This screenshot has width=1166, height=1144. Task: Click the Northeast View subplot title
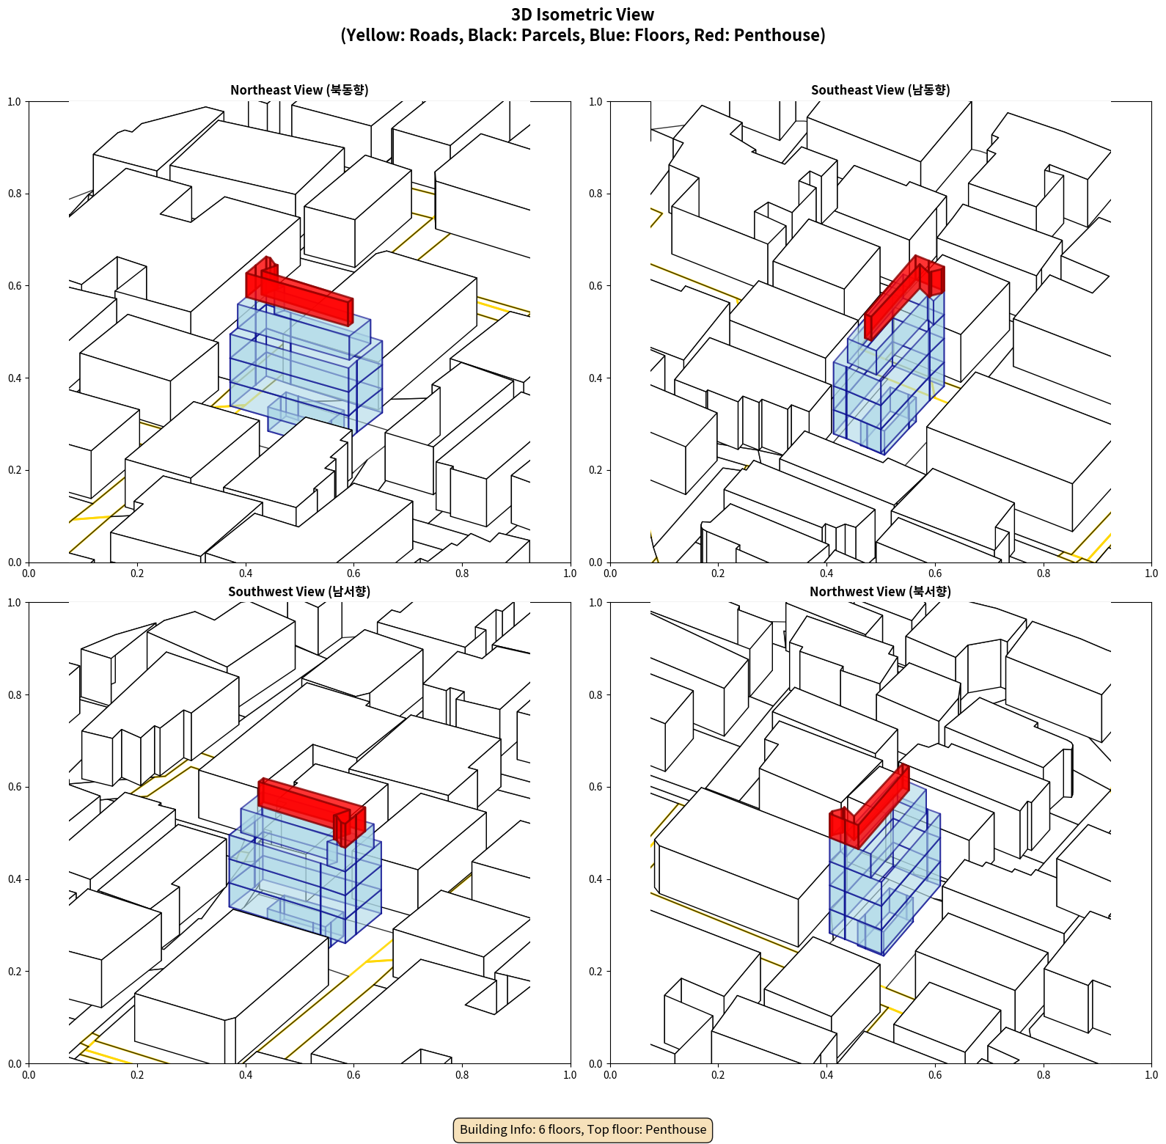pos(299,89)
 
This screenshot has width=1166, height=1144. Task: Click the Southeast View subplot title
pos(880,89)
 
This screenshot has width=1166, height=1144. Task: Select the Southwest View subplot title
pos(299,591)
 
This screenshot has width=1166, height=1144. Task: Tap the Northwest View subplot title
pos(880,591)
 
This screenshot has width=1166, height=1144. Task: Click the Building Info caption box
pos(583,1129)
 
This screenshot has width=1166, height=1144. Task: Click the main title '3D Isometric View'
pos(583,15)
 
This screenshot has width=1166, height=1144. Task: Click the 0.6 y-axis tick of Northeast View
pos(15,286)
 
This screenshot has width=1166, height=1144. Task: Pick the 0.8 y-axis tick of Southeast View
pos(595,194)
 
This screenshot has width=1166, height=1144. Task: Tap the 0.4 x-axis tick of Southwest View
pos(246,1075)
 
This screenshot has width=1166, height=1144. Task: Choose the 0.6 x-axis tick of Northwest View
pos(935,1075)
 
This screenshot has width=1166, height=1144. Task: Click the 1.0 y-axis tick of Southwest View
pos(15,603)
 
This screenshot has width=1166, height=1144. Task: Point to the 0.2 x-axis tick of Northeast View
pos(137,573)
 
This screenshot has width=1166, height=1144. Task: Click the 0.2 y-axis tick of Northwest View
pos(595,972)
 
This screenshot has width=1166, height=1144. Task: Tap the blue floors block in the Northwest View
pos(884,880)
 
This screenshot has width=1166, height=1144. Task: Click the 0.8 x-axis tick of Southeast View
pos(1044,573)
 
